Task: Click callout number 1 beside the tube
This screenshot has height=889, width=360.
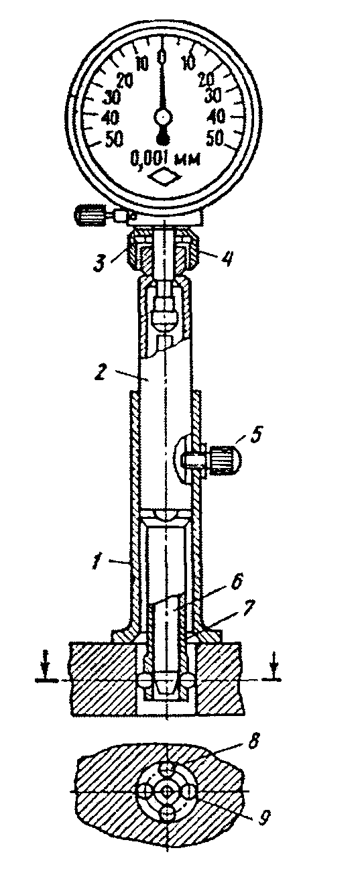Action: coord(95,562)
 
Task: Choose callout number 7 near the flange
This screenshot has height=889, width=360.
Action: coord(249,607)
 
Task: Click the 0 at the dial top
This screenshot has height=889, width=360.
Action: coord(162,57)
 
